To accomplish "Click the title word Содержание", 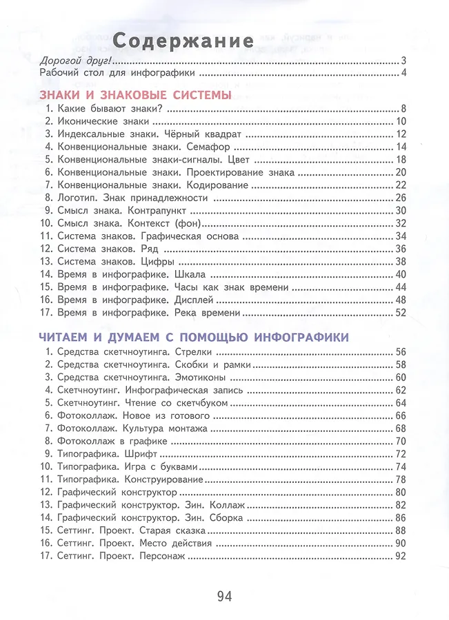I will pos(183,40).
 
